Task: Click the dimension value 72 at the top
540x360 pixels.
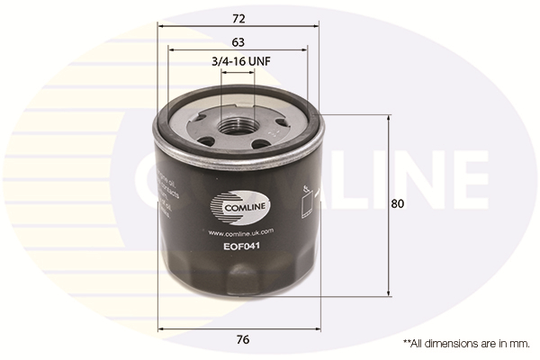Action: tap(238, 18)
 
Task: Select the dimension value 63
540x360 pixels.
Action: tap(238, 41)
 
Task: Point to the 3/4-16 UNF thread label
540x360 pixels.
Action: tap(239, 61)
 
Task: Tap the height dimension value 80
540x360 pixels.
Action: tap(398, 203)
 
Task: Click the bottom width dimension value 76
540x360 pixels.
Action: tap(243, 339)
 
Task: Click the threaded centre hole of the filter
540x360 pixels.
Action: tap(238, 126)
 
